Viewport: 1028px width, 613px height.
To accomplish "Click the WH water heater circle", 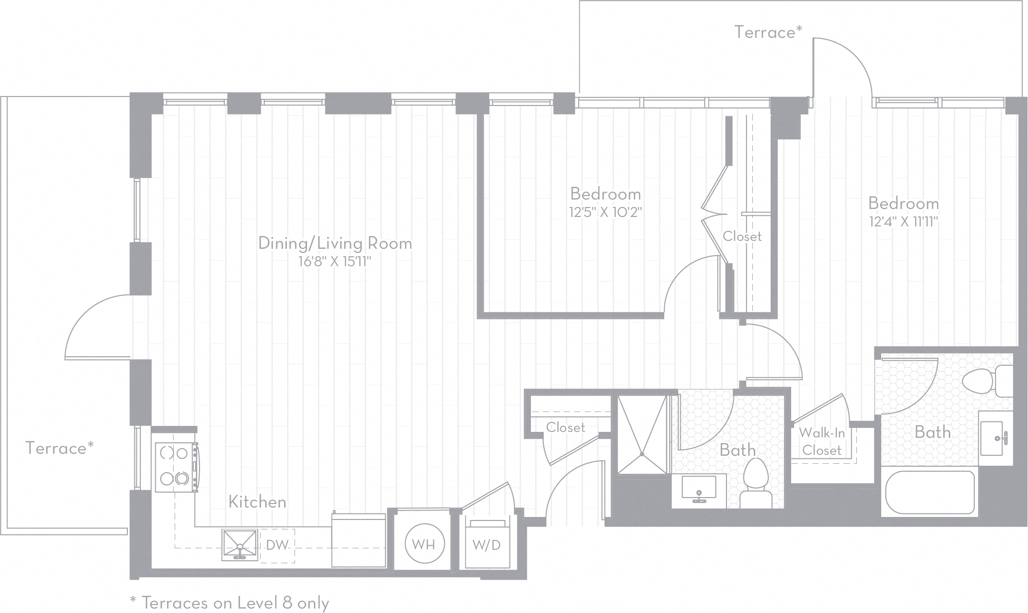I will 423,544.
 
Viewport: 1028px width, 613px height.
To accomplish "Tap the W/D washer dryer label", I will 486,545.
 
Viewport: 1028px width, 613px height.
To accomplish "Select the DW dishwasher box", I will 277,545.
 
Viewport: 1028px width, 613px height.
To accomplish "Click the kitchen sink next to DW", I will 240,545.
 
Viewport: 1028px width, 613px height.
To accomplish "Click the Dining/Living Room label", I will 335,243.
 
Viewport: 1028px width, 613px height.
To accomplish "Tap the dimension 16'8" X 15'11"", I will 335,262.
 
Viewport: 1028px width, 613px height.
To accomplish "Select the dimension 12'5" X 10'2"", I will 606,212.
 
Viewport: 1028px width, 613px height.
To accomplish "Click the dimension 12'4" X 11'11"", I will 904,222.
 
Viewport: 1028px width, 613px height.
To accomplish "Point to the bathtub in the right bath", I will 929,493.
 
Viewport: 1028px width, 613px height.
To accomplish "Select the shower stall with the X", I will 642,434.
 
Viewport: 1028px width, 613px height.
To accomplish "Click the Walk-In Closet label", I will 822,442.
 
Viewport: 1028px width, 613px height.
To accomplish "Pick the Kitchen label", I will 257,502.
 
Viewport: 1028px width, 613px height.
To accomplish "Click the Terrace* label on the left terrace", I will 59,448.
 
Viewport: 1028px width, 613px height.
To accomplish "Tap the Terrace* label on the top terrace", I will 768,32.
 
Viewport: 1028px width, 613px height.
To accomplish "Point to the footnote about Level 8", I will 229,603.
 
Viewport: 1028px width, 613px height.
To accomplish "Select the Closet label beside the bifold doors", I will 742,236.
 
